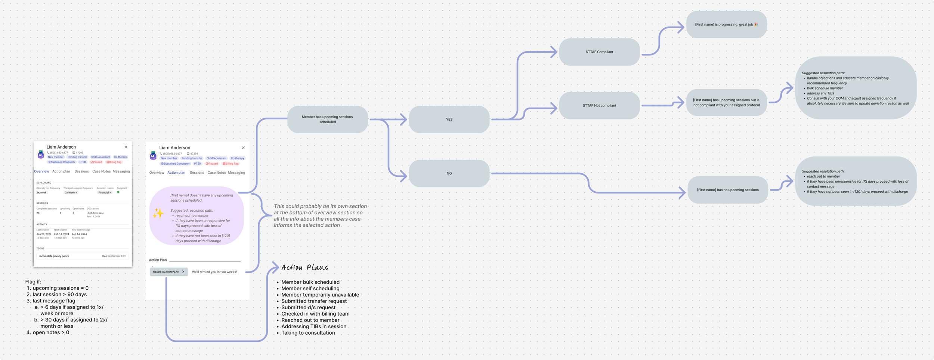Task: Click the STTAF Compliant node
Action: coord(599,52)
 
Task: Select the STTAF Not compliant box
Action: coord(599,106)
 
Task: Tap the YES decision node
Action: coord(449,120)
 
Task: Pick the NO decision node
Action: coord(449,173)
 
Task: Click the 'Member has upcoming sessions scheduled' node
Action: coord(327,120)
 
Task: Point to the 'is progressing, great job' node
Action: coord(726,25)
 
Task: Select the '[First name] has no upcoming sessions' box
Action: coord(727,190)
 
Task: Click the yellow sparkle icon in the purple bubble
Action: coord(158,213)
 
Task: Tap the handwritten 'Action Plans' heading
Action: coord(304,267)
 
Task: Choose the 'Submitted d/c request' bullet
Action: coord(308,307)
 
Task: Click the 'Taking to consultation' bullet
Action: coord(308,333)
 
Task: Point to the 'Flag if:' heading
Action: coord(33,282)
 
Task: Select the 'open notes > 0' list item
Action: coord(51,332)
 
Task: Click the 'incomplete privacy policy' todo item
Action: coord(54,256)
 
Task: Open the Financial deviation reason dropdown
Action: coord(105,193)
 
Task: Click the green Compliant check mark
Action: coord(118,192)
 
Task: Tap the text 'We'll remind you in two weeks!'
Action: coord(214,272)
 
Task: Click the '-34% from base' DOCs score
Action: coord(95,213)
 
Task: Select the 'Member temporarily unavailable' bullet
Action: coord(320,295)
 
